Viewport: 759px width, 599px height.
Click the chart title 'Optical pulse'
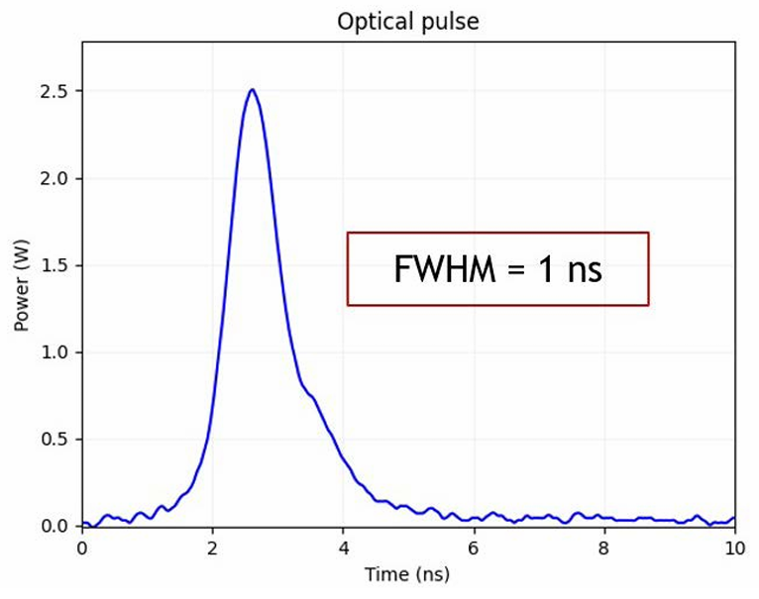pos(407,21)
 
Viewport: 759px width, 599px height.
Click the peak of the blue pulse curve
pos(253,90)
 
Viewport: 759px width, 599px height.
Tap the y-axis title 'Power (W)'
pos(22,283)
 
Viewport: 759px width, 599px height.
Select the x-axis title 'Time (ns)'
pos(407,574)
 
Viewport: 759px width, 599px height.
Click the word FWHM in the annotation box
pos(441,269)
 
